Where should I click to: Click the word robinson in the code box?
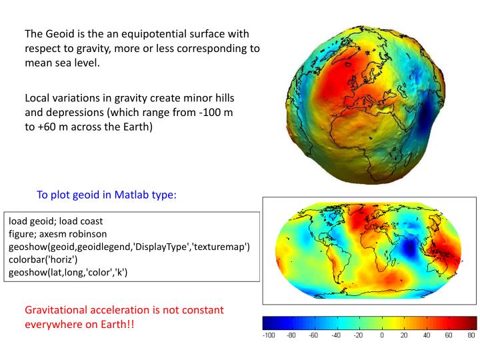coord(97,233)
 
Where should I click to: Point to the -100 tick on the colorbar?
coord(270,335)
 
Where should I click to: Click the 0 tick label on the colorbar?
coord(381,335)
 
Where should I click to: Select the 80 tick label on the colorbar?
coord(471,335)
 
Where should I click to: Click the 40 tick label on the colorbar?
coord(426,335)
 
